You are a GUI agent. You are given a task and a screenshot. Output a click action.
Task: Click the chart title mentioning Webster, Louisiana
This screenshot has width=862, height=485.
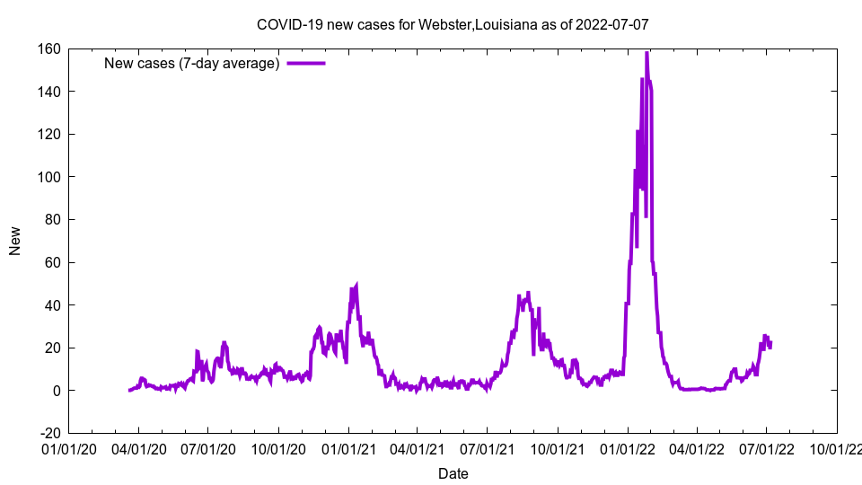pos(453,24)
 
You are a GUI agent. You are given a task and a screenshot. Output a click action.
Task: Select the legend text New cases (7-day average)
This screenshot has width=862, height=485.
pos(191,63)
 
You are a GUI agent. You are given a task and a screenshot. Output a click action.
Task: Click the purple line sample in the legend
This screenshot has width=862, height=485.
pos(305,63)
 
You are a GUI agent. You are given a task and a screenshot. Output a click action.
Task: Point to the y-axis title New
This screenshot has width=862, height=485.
pos(15,241)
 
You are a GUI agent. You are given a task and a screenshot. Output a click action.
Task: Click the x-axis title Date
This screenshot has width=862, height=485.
pos(453,473)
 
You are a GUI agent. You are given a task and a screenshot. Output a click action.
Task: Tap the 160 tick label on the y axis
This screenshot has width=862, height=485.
pos(48,48)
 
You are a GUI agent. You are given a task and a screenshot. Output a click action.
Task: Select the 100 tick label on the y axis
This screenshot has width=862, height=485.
pos(48,177)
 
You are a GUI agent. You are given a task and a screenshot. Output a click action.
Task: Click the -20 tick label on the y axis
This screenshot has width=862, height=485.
pos(48,434)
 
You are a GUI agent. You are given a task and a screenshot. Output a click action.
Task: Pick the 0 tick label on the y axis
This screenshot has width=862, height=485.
pos(56,391)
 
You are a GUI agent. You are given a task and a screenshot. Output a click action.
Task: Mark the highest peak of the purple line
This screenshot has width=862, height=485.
pos(646,53)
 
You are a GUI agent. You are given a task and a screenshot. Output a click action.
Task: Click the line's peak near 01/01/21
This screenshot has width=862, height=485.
pos(356,286)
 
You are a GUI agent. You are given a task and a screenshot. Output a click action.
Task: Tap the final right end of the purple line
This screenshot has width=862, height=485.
pos(770,343)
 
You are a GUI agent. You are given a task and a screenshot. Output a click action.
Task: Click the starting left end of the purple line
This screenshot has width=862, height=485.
pos(130,390)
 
